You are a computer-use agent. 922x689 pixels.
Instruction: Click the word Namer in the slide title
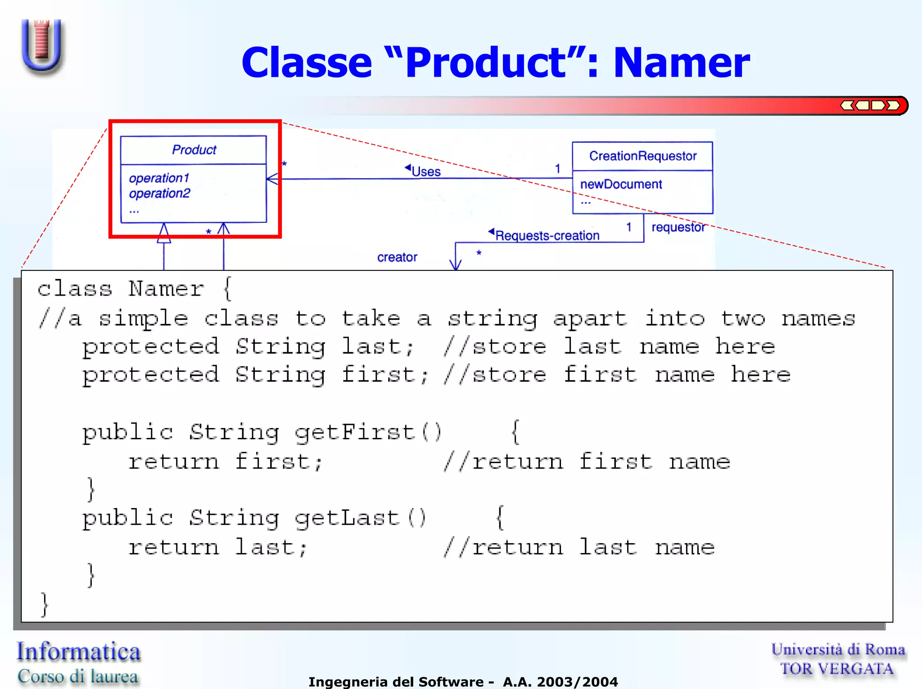(681, 63)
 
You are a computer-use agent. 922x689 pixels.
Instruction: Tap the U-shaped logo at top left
(42, 46)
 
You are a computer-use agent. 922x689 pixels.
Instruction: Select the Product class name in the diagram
(194, 150)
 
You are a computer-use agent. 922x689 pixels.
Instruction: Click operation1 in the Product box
(159, 178)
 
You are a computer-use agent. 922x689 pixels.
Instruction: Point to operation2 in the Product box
(159, 194)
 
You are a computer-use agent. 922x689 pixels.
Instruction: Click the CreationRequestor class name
(642, 156)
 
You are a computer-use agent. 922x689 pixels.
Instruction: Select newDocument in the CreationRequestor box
(621, 185)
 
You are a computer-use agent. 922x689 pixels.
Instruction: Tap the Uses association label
(425, 171)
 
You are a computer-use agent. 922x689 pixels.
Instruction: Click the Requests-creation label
(547, 235)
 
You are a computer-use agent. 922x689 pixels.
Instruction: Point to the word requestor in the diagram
(678, 227)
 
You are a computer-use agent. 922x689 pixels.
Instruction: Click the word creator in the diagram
(397, 257)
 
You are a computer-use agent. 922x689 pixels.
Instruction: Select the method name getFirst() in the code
(368, 432)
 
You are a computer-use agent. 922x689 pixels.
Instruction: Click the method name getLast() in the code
(360, 518)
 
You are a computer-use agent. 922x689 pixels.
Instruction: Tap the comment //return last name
(579, 548)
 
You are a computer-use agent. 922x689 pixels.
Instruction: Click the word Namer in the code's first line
(166, 289)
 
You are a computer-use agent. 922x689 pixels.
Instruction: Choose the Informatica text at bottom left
(79, 652)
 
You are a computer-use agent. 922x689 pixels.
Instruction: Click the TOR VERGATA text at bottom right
(836, 669)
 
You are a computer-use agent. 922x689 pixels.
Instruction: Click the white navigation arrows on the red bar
(870, 106)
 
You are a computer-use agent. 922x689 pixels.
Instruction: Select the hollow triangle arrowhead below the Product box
(164, 234)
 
